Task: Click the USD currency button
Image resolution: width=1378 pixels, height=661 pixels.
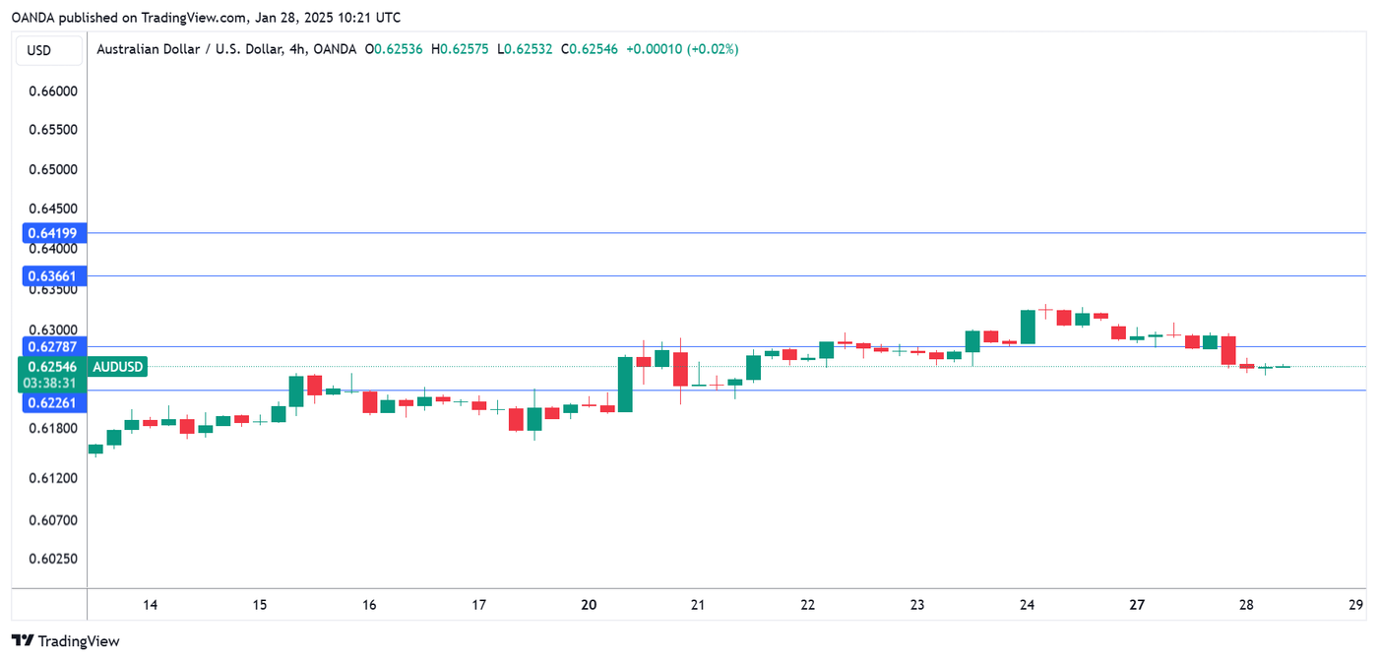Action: click(39, 50)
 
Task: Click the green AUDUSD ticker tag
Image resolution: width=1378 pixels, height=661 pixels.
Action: click(118, 367)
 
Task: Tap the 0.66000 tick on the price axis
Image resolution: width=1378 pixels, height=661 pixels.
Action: click(53, 90)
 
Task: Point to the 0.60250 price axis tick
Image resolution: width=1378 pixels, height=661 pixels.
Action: click(53, 559)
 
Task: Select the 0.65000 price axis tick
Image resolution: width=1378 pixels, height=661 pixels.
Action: click(53, 169)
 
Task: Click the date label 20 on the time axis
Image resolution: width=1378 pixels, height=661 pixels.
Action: click(589, 605)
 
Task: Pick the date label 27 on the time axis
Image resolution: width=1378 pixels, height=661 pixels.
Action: click(1136, 605)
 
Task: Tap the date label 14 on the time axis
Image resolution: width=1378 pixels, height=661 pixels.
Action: click(150, 605)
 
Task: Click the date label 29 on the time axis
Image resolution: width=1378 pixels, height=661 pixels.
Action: click(1355, 605)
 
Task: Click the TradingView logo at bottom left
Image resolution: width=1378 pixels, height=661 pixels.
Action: click(66, 641)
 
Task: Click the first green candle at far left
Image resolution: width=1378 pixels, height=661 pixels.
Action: click(95, 450)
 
